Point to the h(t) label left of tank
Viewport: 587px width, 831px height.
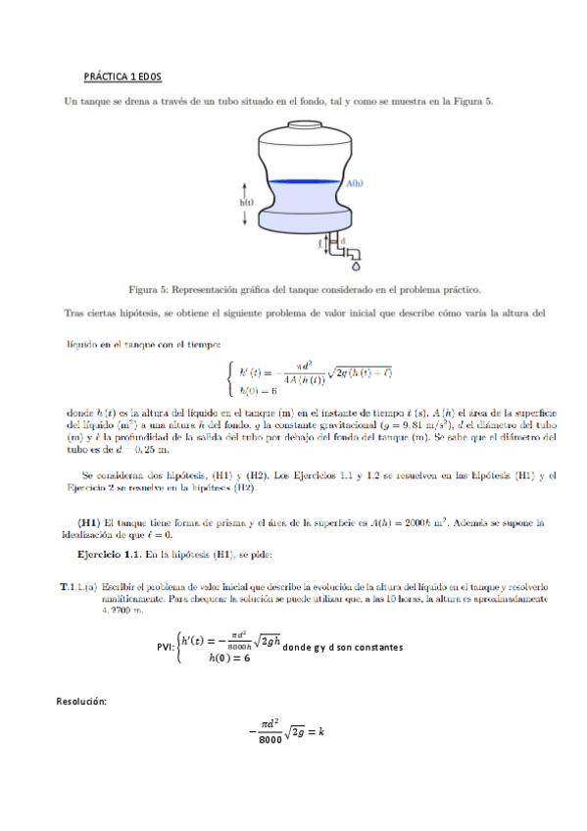[x=247, y=202]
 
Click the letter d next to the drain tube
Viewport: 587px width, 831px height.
[x=342, y=238]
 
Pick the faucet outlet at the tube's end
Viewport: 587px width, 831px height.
[x=354, y=252]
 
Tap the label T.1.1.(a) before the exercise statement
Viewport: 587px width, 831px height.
[x=77, y=586]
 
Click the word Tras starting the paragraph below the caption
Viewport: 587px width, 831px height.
[x=74, y=315]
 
